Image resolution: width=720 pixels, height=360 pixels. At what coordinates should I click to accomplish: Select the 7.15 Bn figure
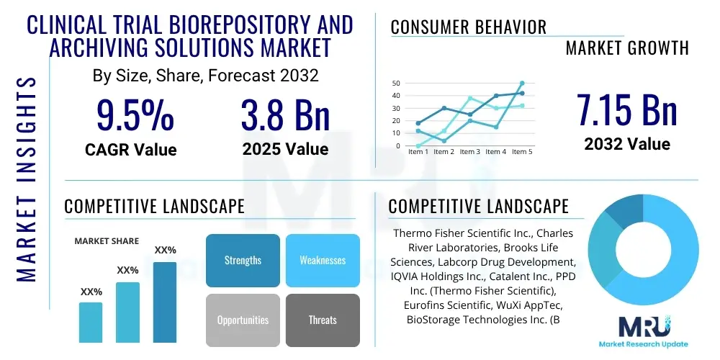[626, 109]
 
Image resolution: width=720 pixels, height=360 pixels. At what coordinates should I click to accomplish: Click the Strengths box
[243, 260]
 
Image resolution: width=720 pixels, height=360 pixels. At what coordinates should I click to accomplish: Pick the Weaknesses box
[323, 260]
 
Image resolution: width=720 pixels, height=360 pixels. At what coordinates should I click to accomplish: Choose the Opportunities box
[243, 320]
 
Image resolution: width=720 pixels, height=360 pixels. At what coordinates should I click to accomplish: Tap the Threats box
[323, 320]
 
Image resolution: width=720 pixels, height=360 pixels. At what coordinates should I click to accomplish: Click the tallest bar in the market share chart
[165, 302]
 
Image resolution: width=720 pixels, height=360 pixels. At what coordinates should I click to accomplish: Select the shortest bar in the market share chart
[91, 322]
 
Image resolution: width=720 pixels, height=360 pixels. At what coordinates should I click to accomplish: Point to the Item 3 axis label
[470, 152]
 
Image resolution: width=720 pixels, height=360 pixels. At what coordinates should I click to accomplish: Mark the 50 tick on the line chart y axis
[396, 84]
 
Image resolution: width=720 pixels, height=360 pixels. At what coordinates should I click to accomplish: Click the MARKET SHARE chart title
[107, 241]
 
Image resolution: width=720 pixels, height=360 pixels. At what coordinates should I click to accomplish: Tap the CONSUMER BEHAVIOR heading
[468, 27]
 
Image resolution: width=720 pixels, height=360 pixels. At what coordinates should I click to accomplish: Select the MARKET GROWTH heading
[626, 48]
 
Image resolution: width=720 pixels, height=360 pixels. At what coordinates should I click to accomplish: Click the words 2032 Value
[626, 144]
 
